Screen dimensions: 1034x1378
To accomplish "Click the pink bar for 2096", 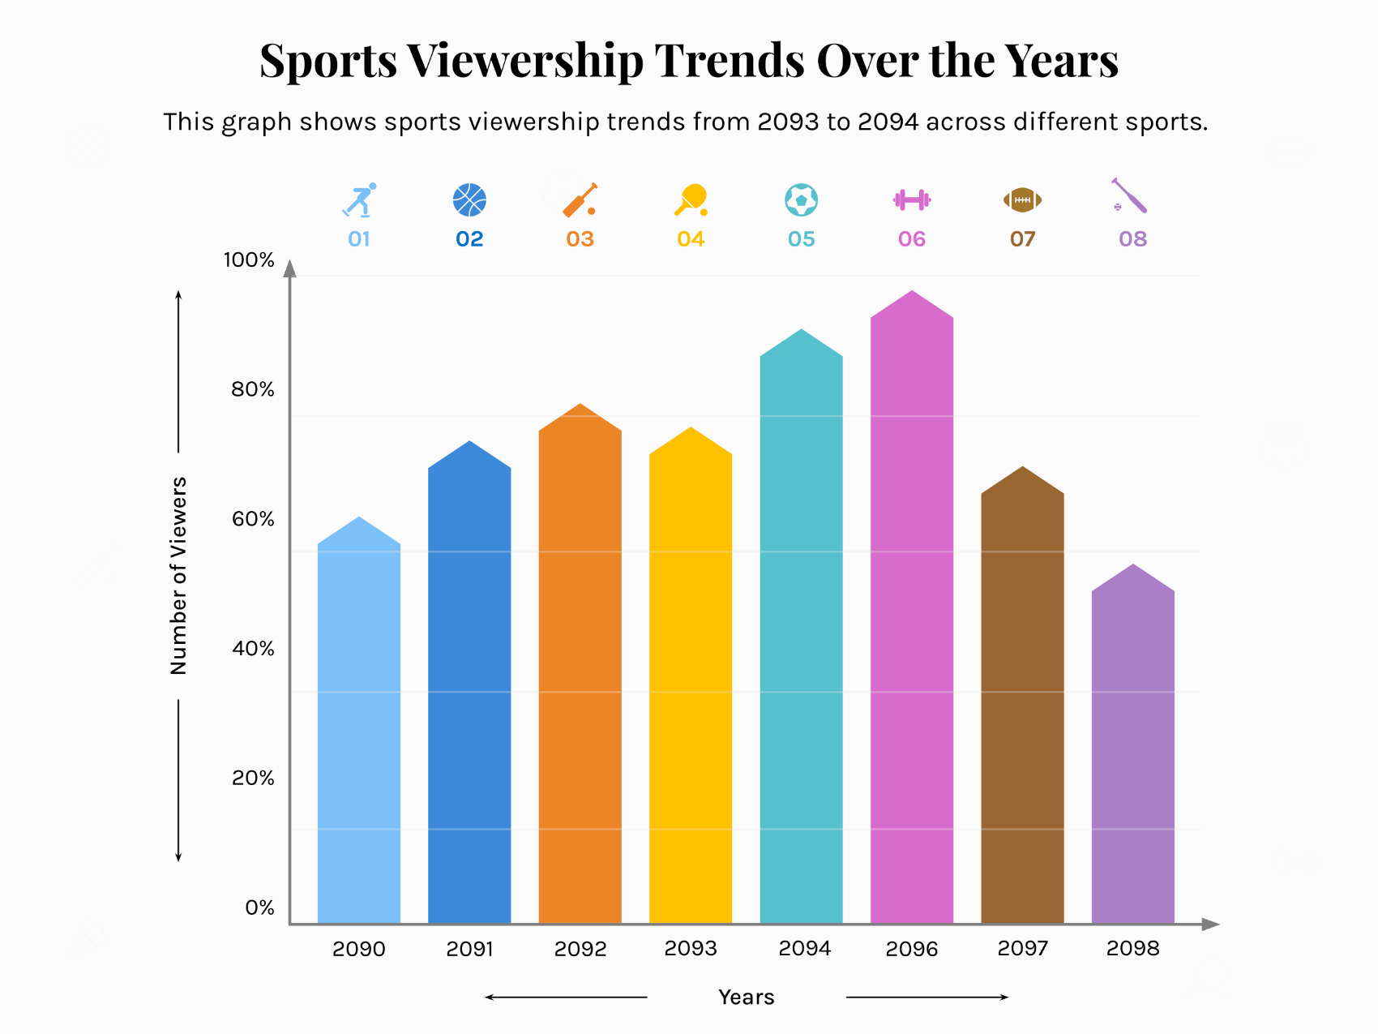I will click(912, 616).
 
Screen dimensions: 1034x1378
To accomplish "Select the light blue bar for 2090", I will click(359, 730).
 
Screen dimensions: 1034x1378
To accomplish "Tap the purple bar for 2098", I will click(1132, 754).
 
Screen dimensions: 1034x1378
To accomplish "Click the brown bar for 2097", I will click(1022, 706).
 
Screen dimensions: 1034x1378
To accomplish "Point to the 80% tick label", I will click(253, 389).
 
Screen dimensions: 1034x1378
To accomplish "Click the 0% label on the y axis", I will click(259, 907).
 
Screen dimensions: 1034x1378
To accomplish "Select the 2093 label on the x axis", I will click(691, 948).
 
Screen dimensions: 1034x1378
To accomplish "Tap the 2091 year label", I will click(469, 948).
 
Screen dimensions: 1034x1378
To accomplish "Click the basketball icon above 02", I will click(469, 200).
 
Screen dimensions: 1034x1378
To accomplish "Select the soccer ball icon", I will click(801, 200).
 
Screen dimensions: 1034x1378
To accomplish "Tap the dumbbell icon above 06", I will click(912, 200).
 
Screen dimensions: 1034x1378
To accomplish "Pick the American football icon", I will click(1022, 200).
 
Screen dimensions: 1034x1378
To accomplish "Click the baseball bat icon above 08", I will click(1129, 196).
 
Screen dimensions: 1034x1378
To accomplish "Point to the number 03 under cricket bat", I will click(580, 239).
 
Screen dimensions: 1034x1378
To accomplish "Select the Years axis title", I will click(746, 998).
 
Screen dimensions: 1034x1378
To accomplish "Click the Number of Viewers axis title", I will click(178, 576).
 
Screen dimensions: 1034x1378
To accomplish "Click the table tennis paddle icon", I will click(691, 200).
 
